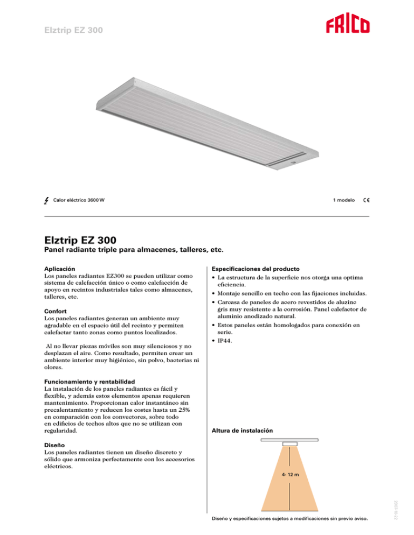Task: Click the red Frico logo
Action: pos(347,26)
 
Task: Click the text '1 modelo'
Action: pos(344,200)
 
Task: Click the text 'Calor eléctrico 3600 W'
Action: pos(79,201)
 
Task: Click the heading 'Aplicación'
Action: pos(59,268)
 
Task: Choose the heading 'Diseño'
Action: pos(54,446)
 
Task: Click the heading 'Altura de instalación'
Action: pos(242,431)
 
